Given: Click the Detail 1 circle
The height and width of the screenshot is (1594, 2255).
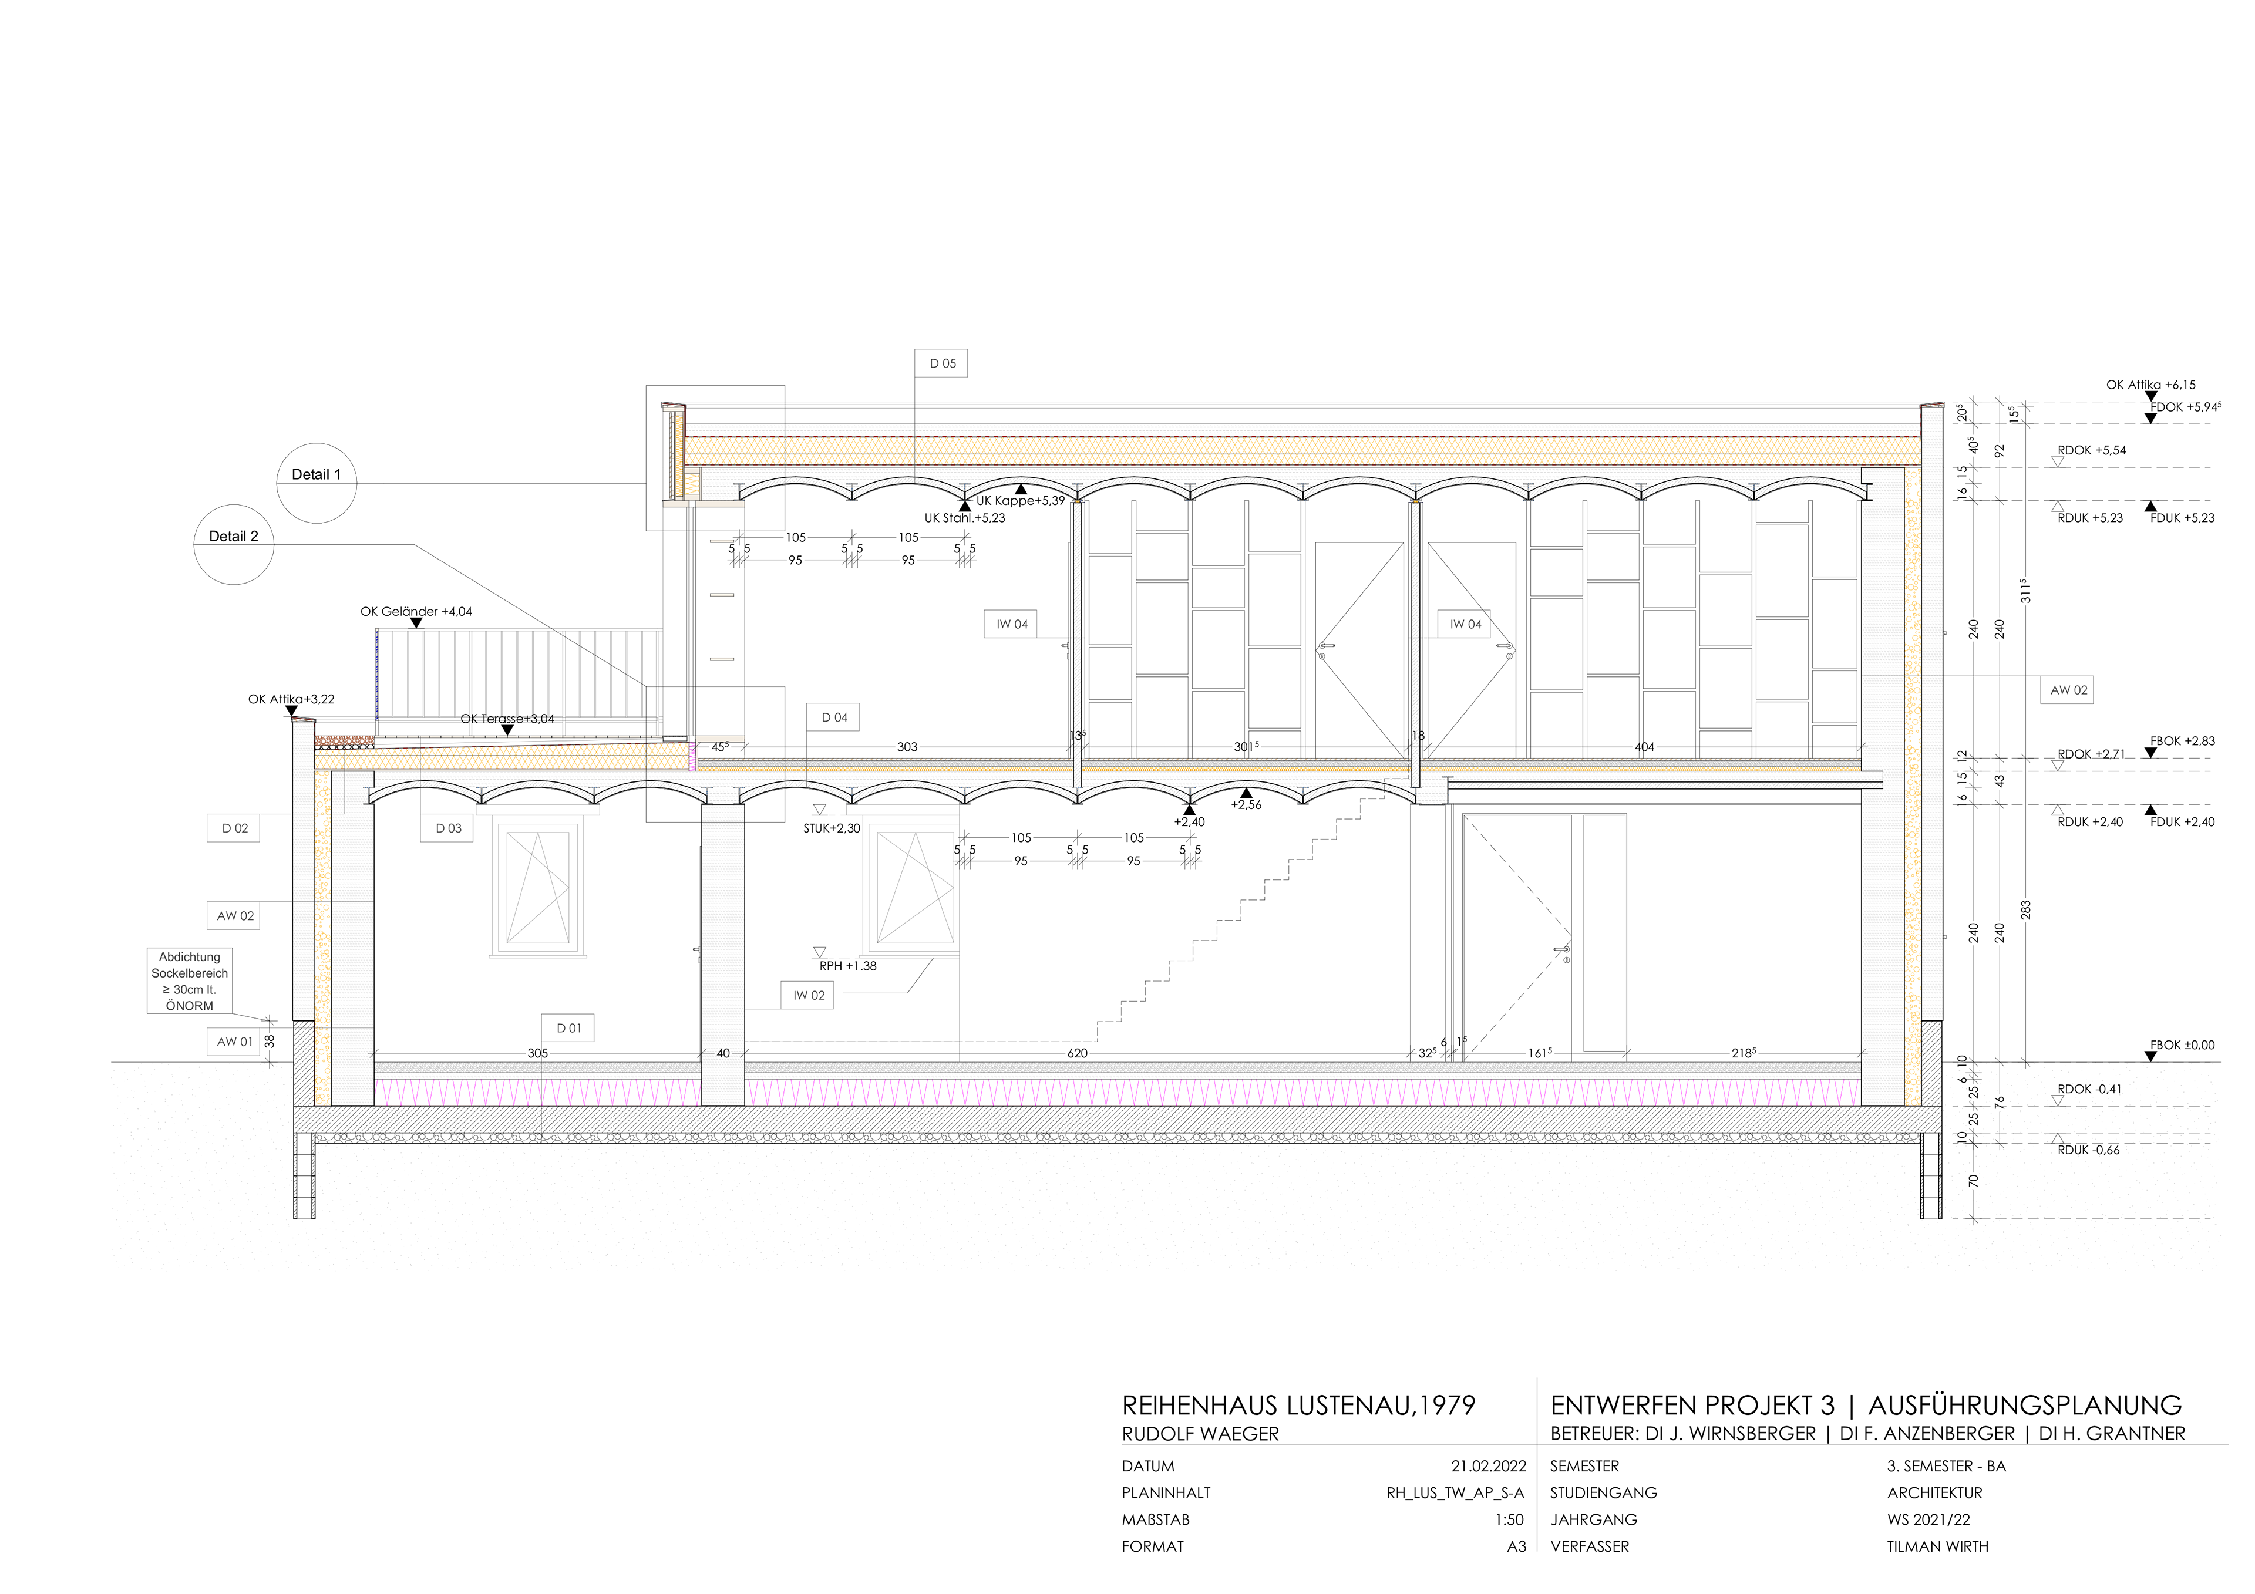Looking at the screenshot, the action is coord(317,483).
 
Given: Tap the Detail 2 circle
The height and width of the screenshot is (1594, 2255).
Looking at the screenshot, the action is coord(234,545).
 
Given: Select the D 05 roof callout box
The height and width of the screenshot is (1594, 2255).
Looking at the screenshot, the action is coord(942,363).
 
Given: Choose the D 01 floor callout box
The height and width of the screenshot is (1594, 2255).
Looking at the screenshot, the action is coord(568,1028).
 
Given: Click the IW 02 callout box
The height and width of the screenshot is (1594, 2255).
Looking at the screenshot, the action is coord(808,996).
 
